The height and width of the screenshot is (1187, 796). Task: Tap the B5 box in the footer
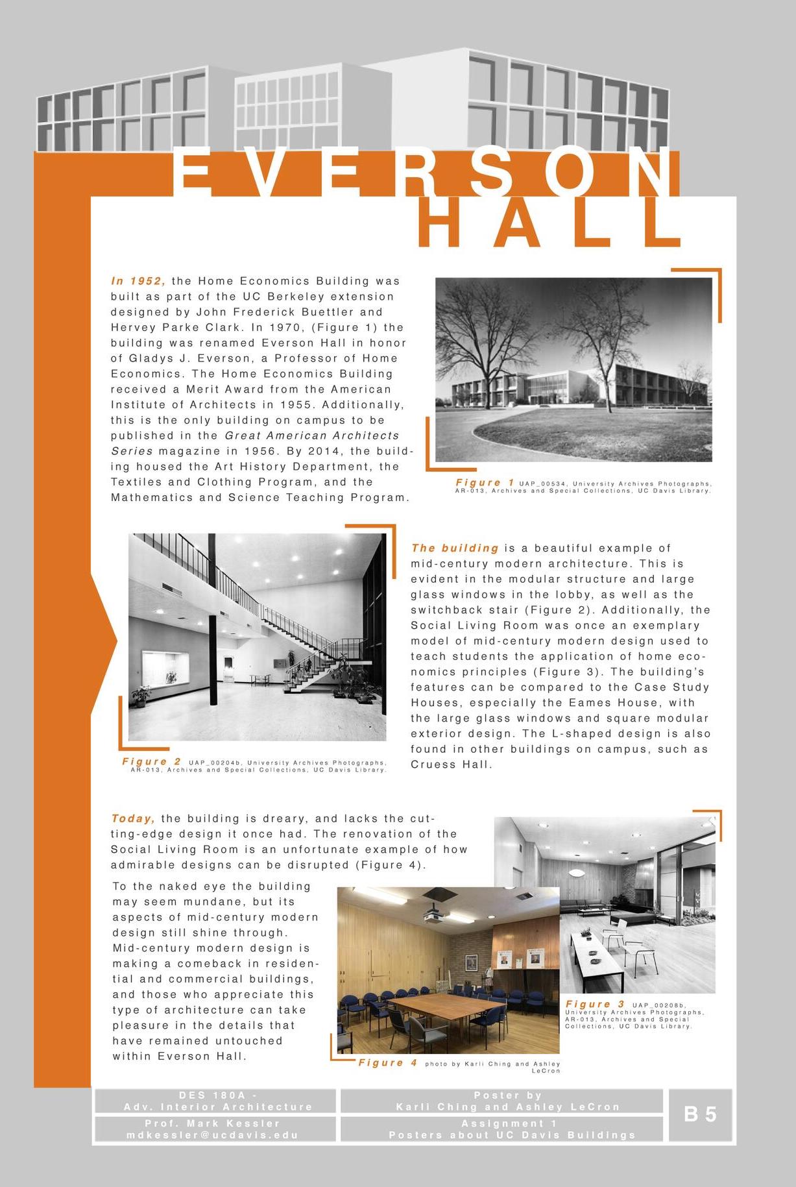pyautogui.click(x=700, y=1115)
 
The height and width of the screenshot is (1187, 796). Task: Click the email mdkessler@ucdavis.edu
pyautogui.click(x=213, y=1135)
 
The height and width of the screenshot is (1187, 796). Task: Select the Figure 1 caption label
pyautogui.click(x=485, y=482)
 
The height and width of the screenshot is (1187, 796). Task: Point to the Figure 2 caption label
pyautogui.click(x=152, y=761)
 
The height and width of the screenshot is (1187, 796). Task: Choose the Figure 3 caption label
pyautogui.click(x=595, y=1004)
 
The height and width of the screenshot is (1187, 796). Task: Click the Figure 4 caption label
pyautogui.click(x=388, y=1062)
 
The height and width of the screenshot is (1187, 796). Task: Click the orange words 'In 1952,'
pyautogui.click(x=138, y=281)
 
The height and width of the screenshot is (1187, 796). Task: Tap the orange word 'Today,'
pyautogui.click(x=133, y=818)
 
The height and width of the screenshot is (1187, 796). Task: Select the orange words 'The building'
pyautogui.click(x=454, y=548)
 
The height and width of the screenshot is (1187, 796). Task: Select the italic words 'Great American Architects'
pyautogui.click(x=312, y=435)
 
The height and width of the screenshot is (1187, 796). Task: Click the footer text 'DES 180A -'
pyautogui.click(x=216, y=1095)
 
